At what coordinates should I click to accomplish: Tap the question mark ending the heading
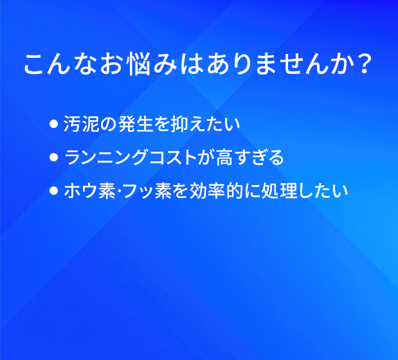pos(364,64)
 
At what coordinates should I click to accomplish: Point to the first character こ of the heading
pos(34,64)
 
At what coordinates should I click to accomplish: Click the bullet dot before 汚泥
pos(54,124)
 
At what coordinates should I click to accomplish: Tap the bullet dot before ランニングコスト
pos(54,157)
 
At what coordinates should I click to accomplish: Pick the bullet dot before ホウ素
pos(54,190)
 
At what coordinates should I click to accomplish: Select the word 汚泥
pos(81,124)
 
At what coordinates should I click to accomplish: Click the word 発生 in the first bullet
pos(136,124)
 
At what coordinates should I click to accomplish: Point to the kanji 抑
pos(179,124)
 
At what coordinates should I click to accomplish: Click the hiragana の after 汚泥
pos(109,124)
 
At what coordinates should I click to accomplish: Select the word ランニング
pos(106,157)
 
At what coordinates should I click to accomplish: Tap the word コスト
pos(174,157)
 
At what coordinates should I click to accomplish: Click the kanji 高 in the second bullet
pos(224,157)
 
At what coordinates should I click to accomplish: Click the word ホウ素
pos(90,190)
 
